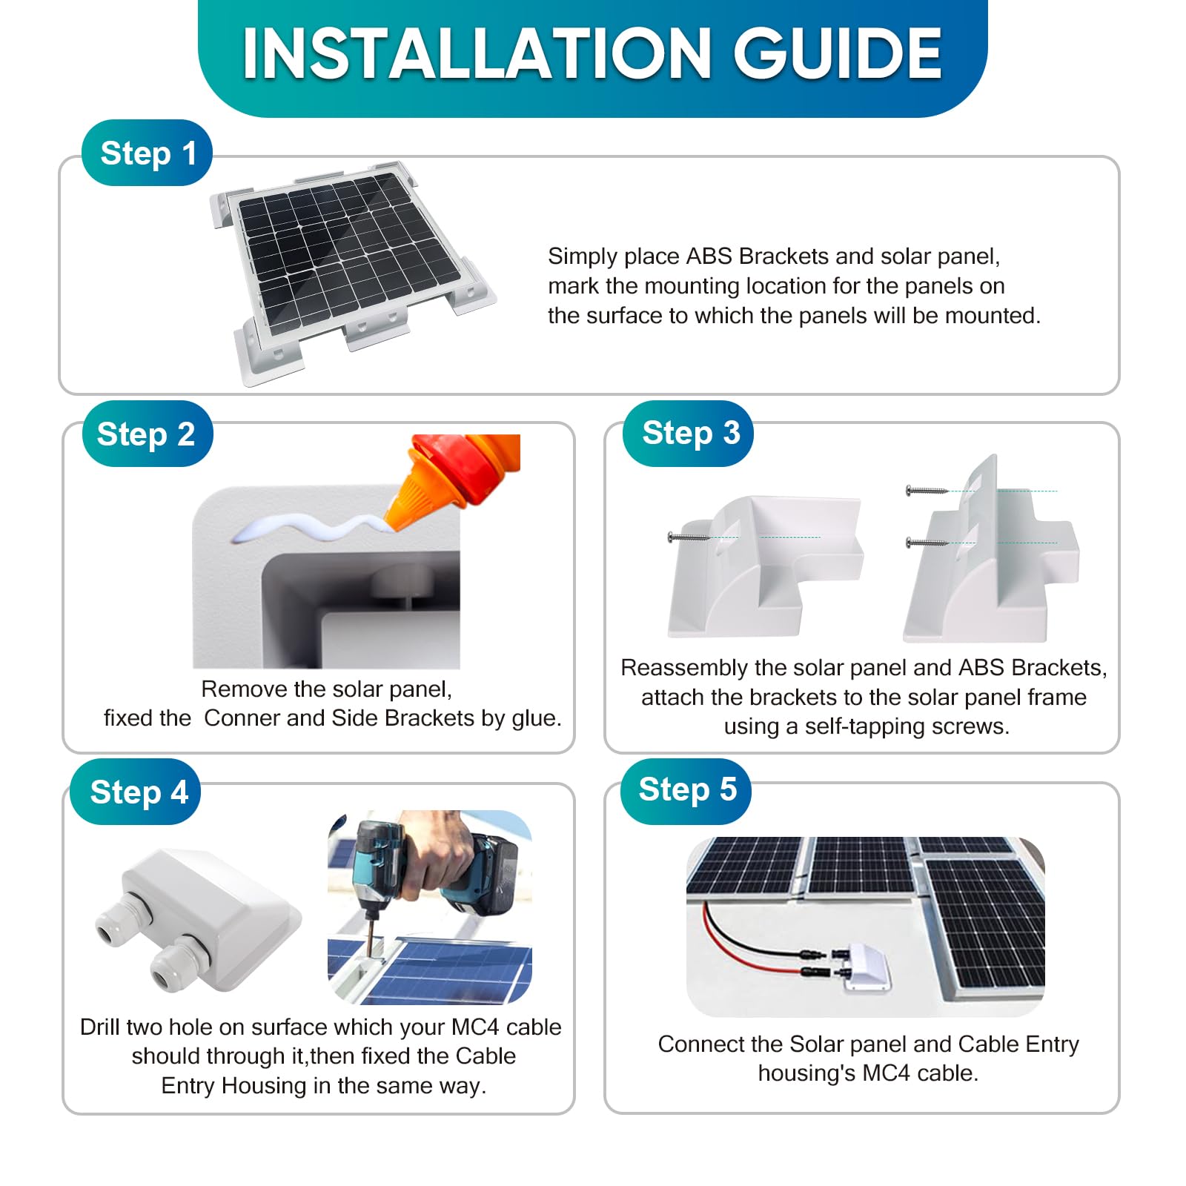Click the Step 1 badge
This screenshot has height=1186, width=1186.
147,153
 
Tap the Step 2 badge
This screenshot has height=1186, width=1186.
147,434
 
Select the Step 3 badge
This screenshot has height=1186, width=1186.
688,433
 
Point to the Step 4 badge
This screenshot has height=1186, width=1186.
136,792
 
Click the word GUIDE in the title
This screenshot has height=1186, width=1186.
838,53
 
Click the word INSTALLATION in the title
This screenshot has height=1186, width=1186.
477,53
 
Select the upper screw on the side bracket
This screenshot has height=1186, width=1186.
927,491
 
